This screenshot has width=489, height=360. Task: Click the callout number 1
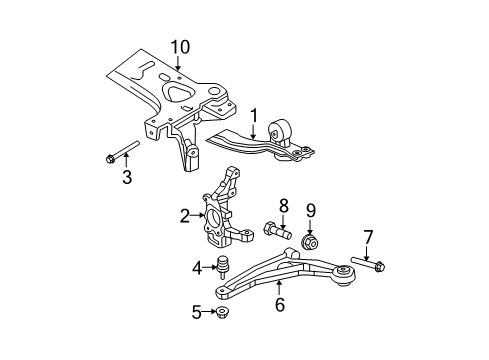click(255, 115)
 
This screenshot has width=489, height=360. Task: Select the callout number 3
click(127, 178)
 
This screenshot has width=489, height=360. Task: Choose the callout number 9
click(311, 239)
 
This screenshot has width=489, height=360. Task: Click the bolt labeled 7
click(378, 265)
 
